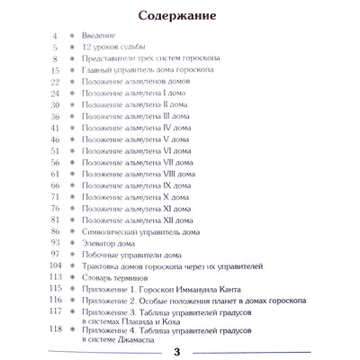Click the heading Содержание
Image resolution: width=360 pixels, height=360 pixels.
(180, 15)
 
